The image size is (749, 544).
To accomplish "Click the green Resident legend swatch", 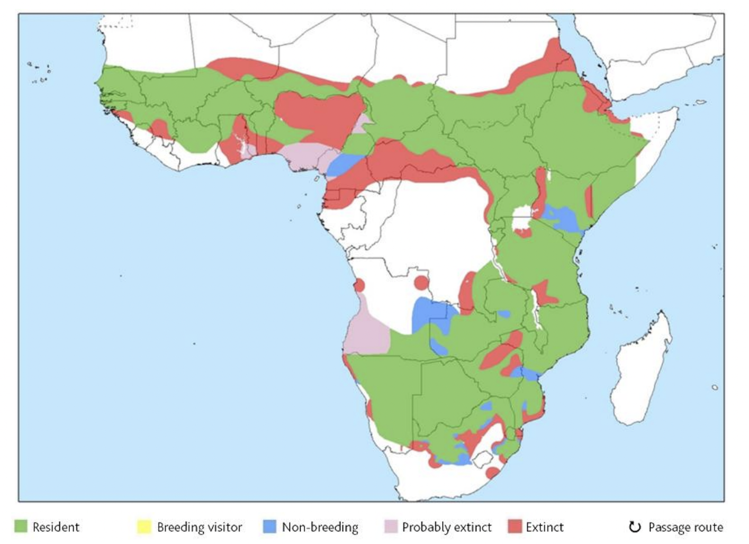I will [x=21, y=527].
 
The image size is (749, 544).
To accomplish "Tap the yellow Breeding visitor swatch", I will [x=144, y=527].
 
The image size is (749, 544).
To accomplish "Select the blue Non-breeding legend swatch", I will [x=269, y=527].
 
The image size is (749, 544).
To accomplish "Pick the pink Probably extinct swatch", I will [x=390, y=527].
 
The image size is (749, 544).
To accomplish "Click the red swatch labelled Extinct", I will [x=515, y=527].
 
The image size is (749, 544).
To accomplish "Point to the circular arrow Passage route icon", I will [x=634, y=527].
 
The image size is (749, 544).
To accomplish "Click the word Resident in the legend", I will [x=56, y=527].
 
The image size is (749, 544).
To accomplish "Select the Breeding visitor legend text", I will [x=200, y=527].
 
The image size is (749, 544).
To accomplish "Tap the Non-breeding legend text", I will [x=320, y=527].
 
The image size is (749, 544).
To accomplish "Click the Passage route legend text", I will [x=685, y=527].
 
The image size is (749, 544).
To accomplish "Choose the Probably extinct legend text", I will [x=447, y=527].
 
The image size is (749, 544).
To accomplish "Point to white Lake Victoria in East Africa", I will [x=523, y=218].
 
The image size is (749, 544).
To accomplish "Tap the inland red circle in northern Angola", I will [x=421, y=283].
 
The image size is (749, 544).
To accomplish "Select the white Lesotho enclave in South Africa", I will [x=483, y=459].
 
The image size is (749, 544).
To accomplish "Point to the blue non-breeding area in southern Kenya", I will [x=564, y=218].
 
